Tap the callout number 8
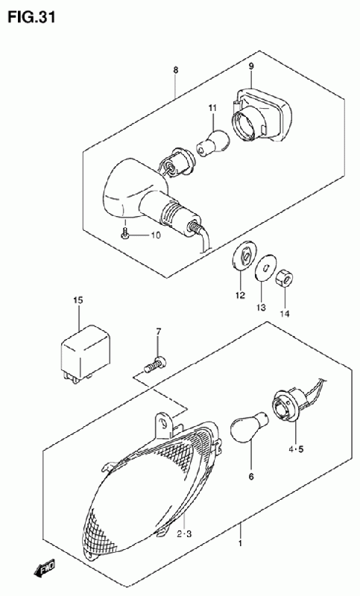[x=175, y=70]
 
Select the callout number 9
[x=251, y=66]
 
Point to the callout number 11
[x=212, y=108]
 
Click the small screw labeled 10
[x=124, y=235]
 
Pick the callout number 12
[x=240, y=295]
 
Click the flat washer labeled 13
[x=265, y=267]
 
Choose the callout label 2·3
[x=184, y=534]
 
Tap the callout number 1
[x=240, y=544]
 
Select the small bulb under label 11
[x=213, y=143]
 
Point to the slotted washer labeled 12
[x=242, y=256]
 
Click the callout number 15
[x=78, y=301]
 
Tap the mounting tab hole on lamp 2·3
[x=163, y=423]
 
